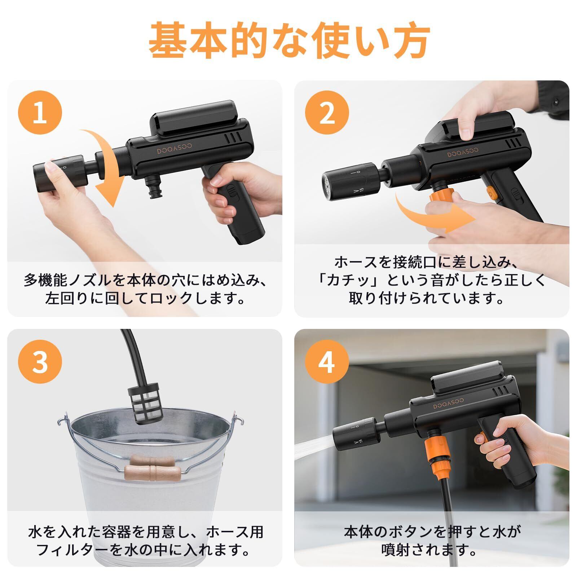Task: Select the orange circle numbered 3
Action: pos(40,362)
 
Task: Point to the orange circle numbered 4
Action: pos(327,362)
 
